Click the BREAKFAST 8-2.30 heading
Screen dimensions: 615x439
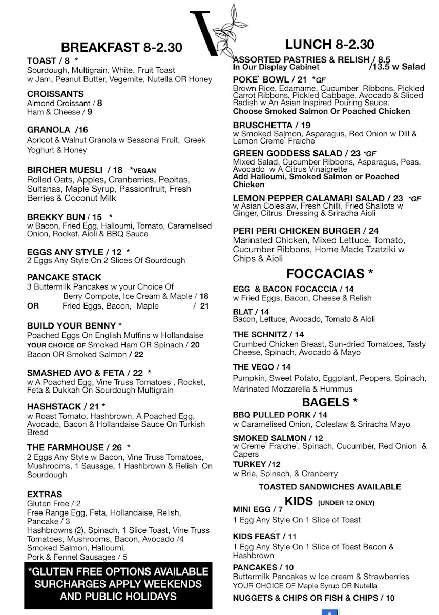[121, 48]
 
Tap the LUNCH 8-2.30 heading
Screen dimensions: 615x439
[329, 44]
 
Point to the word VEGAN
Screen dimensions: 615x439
[143, 170]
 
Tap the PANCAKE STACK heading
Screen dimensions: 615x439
[64, 277]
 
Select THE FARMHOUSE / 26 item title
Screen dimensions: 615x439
[74, 447]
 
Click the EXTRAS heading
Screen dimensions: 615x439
[45, 494]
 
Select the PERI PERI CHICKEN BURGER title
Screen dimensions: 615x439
[306, 231]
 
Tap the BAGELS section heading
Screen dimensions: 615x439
[329, 402]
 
